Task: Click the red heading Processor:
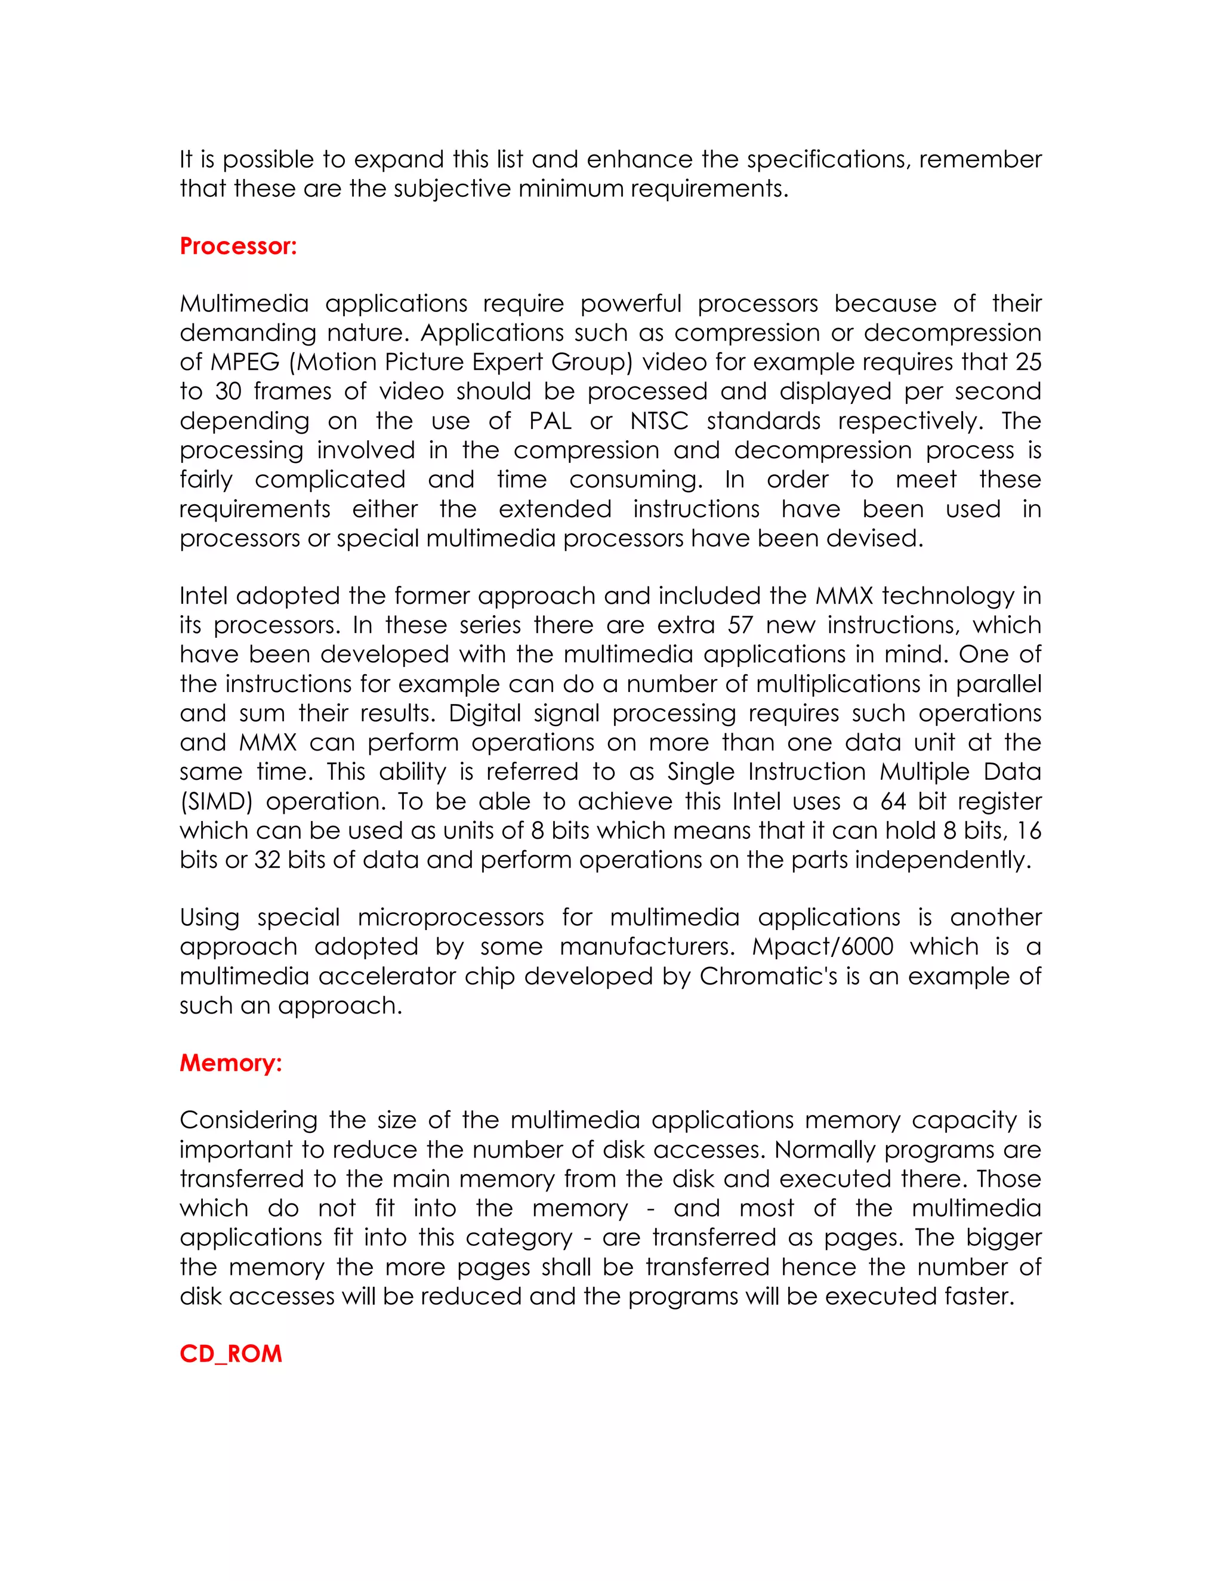(238, 246)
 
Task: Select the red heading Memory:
(230, 1063)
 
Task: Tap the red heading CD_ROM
(230, 1354)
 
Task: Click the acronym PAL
(551, 421)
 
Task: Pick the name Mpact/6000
(822, 947)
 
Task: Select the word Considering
(248, 1120)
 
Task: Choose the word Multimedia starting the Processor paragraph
(244, 303)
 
